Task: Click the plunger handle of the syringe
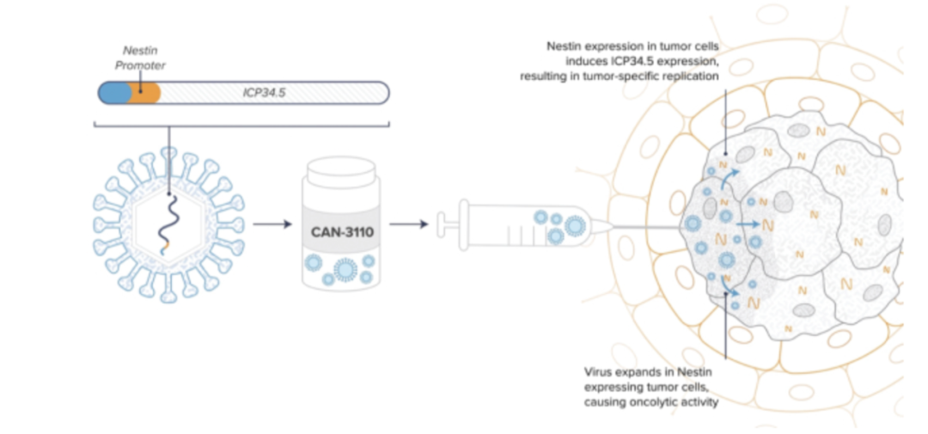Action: click(x=442, y=225)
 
